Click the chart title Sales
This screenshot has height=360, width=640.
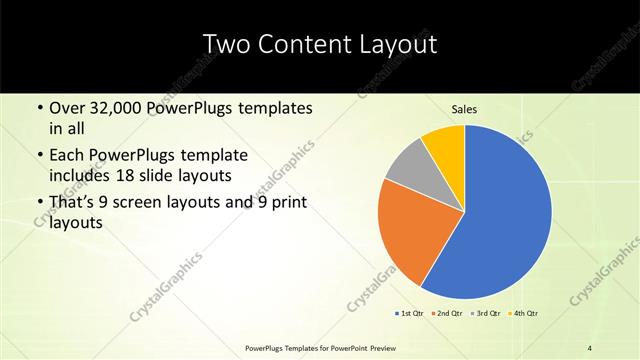pyautogui.click(x=464, y=109)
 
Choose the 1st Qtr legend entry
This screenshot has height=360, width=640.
pyautogui.click(x=409, y=314)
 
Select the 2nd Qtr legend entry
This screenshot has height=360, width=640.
pyautogui.click(x=446, y=314)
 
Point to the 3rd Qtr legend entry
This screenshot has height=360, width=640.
pyautogui.click(x=485, y=314)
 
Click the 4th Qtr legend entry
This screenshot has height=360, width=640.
pyautogui.click(x=523, y=314)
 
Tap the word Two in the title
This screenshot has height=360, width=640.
pyautogui.click(x=226, y=44)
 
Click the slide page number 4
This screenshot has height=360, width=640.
pyautogui.click(x=590, y=347)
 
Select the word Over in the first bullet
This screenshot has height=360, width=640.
pyautogui.click(x=66, y=107)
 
